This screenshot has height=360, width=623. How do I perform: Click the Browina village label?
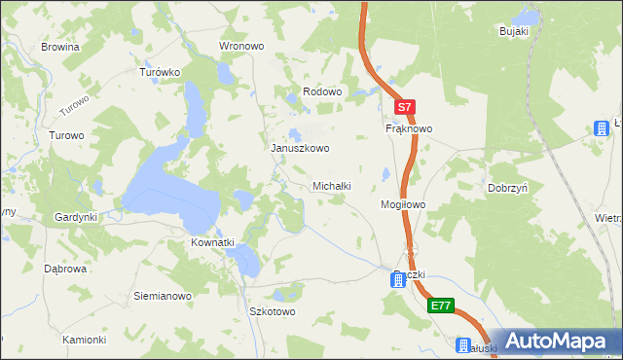(59, 46)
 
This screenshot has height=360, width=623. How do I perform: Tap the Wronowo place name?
(242, 46)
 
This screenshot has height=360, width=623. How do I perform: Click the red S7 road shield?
(406, 106)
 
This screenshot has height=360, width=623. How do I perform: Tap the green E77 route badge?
(441, 306)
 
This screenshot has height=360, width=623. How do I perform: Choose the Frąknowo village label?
(409, 128)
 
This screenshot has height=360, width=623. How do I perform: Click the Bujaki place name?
(513, 32)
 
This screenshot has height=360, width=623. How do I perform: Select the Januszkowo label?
(300, 149)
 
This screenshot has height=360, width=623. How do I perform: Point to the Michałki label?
(331, 185)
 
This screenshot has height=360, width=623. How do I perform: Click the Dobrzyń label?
(507, 188)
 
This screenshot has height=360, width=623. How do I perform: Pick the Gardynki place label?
(76, 217)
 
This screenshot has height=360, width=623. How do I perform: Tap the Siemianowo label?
(162, 295)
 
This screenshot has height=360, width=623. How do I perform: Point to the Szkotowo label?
(273, 312)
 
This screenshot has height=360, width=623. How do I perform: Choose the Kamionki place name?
(84, 340)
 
